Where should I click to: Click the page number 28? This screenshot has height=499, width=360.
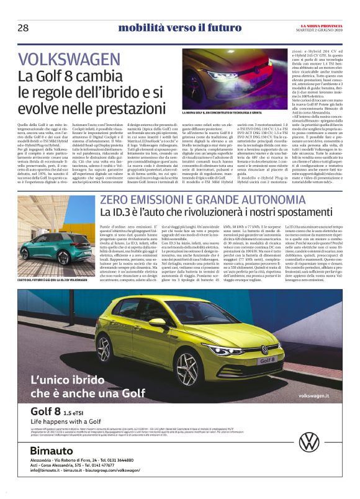[23, 28]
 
